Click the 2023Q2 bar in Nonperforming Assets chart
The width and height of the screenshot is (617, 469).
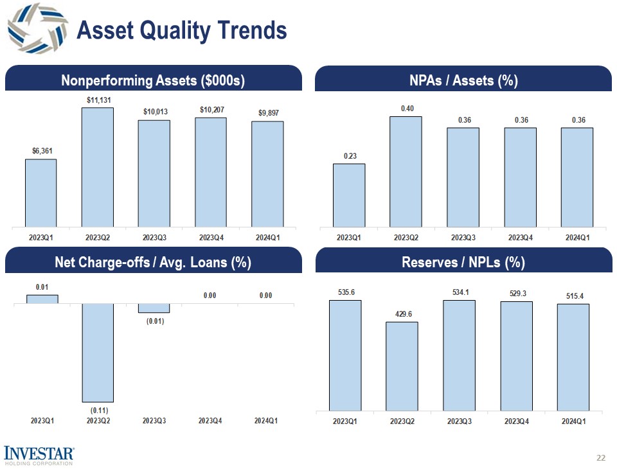tap(97, 166)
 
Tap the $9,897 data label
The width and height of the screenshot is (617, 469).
tap(267, 113)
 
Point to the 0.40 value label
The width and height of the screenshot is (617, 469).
tap(407, 109)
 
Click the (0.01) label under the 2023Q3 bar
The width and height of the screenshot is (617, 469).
tap(154, 321)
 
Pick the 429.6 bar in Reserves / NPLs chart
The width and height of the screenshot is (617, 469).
tap(402, 366)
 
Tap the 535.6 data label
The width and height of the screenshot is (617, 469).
tap(346, 292)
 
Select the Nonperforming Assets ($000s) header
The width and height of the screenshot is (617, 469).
tap(153, 80)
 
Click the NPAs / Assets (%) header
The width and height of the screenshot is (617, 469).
tap(463, 80)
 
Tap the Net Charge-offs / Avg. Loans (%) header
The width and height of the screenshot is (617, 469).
tap(153, 262)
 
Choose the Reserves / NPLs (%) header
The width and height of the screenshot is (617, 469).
tap(463, 262)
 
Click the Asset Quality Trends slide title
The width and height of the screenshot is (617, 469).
tap(181, 30)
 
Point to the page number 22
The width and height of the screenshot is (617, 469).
tap(601, 457)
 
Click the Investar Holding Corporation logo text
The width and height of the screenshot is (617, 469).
tap(39, 456)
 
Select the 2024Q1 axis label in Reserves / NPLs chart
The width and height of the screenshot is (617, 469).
tap(573, 421)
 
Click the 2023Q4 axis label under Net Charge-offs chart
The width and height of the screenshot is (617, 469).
tap(210, 421)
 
